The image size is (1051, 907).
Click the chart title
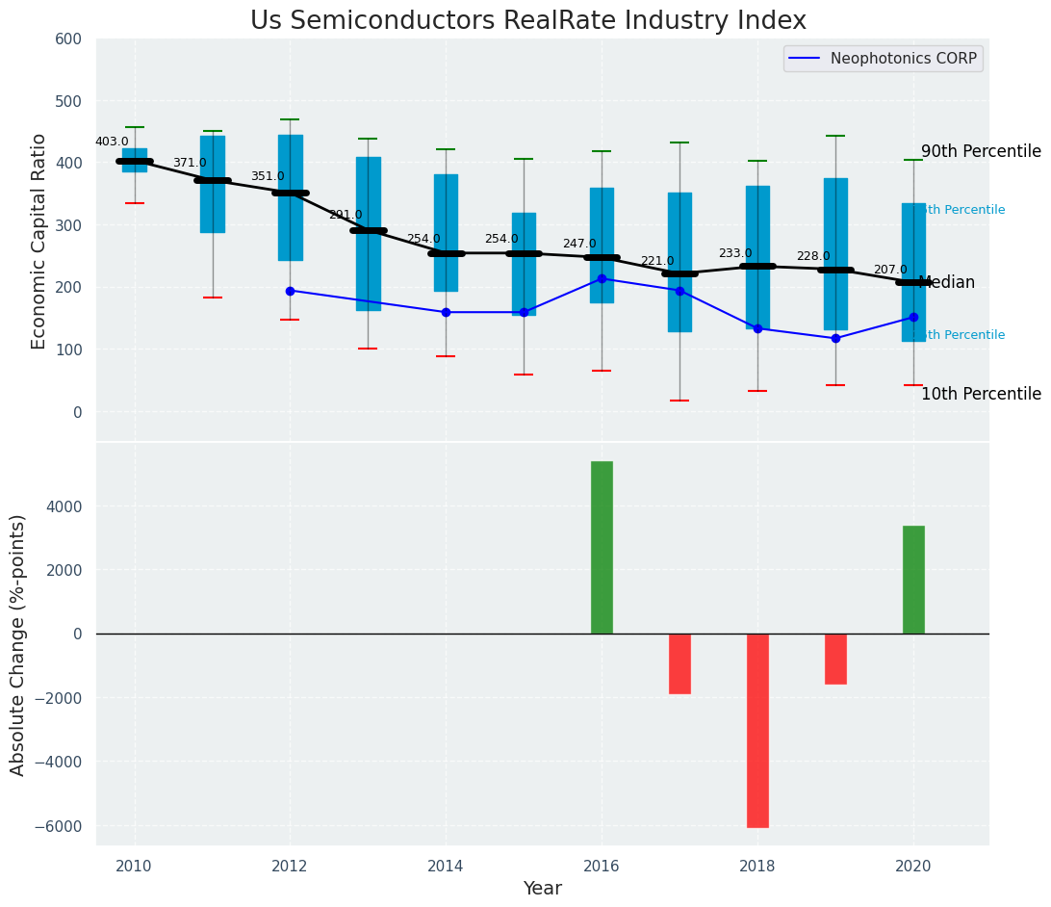(x=527, y=20)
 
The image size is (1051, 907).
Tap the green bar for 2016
(x=602, y=547)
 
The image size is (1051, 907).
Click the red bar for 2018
(x=757, y=730)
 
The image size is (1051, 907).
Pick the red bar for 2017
(x=679, y=663)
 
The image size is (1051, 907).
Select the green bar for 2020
(x=913, y=580)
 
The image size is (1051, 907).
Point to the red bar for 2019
(x=835, y=659)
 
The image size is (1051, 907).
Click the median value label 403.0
(x=112, y=142)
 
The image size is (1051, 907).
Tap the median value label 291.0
(x=346, y=215)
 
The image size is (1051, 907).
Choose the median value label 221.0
(x=657, y=261)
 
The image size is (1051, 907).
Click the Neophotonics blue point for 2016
(x=602, y=278)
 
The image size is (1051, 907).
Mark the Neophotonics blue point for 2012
(x=290, y=291)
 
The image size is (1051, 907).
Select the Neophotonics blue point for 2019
(x=835, y=338)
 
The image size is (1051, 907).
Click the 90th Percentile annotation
(x=981, y=151)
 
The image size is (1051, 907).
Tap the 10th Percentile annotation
(x=981, y=394)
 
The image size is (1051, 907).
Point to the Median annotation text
(x=947, y=282)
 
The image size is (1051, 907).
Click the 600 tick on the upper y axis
(x=75, y=39)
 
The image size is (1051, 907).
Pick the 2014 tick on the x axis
(x=446, y=866)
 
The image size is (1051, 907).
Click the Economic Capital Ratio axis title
(x=39, y=241)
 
